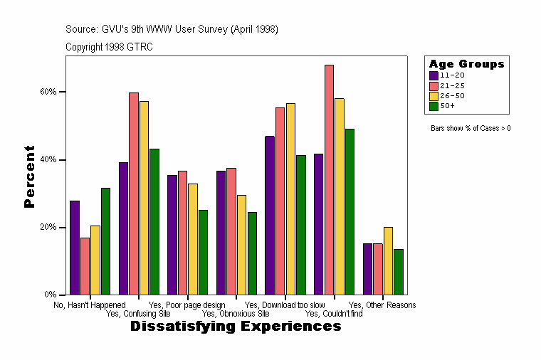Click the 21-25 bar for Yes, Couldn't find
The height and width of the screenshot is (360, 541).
tap(329, 179)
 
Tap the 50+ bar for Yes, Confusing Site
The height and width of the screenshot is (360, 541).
tap(154, 221)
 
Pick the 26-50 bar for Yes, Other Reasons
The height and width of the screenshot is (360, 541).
tap(388, 260)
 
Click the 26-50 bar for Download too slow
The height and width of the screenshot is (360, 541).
tap(290, 198)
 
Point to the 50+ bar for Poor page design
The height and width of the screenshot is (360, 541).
tap(204, 252)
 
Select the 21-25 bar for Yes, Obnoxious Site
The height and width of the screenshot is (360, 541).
tap(231, 231)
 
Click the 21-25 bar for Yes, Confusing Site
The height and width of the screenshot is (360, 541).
tap(134, 194)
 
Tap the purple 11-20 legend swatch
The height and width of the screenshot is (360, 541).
tap(434, 75)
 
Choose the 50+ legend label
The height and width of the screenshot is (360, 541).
tap(448, 105)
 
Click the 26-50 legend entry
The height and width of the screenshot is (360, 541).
tap(451, 95)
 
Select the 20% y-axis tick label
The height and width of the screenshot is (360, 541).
tap(48, 228)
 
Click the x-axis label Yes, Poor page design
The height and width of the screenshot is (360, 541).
tap(187, 305)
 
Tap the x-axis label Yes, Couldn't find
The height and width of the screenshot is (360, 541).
tap(333, 314)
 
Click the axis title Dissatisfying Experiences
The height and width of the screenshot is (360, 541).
tap(236, 327)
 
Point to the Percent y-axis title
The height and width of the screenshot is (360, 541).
tap(29, 176)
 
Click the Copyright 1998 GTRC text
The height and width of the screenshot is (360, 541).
tap(109, 47)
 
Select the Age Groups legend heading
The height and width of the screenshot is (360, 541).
tap(466, 64)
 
